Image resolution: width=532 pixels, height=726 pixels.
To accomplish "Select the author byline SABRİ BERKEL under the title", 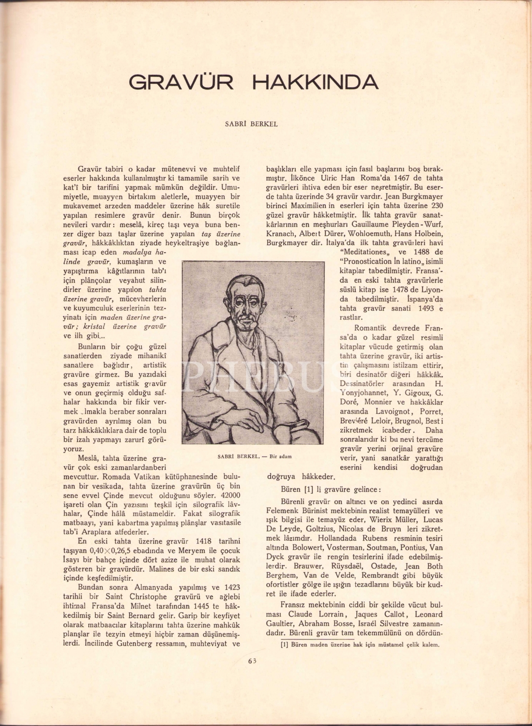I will click(x=252, y=124).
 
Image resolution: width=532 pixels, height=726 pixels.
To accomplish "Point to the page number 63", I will click(x=251, y=661).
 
